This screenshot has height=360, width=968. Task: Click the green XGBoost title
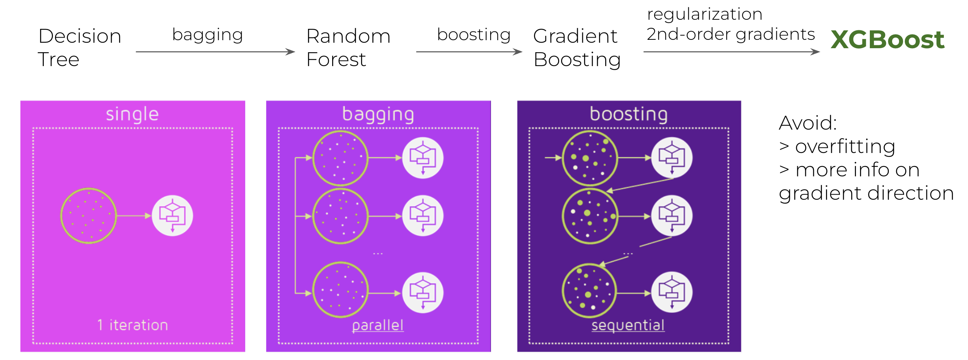click(x=887, y=39)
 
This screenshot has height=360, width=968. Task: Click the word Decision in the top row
click(x=80, y=36)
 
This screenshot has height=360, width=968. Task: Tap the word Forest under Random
click(x=336, y=60)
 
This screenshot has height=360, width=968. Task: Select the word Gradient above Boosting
click(x=575, y=36)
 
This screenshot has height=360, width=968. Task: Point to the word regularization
click(x=704, y=15)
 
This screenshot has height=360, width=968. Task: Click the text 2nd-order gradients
click(x=730, y=34)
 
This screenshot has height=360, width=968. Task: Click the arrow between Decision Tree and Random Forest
click(x=215, y=51)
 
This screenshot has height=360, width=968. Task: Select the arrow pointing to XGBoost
click(x=731, y=51)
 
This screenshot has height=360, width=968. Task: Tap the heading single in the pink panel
click(x=132, y=114)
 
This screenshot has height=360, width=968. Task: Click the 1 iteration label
click(x=132, y=325)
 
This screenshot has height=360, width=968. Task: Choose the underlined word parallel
click(x=378, y=325)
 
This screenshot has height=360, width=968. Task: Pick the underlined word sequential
click(x=628, y=325)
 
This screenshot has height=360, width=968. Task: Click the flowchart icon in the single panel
click(x=173, y=216)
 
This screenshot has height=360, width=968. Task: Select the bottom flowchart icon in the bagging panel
click(x=423, y=293)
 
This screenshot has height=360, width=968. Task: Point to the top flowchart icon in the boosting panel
click(x=672, y=158)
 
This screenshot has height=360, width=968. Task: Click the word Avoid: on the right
click(x=808, y=123)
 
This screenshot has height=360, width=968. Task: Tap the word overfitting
click(x=845, y=146)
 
